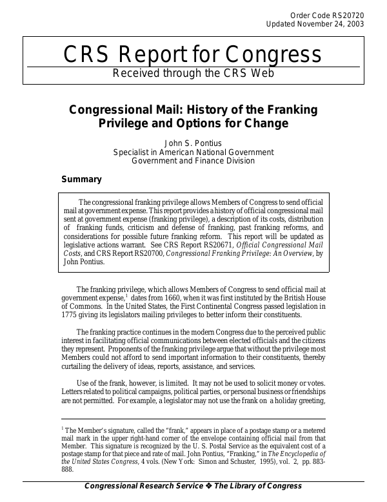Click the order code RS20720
coord(348,14)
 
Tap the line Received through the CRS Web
coord(193,72)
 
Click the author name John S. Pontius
coord(193,143)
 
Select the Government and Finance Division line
coord(193,161)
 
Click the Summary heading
coord(81,179)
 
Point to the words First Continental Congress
coord(212,306)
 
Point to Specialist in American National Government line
coord(193,152)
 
